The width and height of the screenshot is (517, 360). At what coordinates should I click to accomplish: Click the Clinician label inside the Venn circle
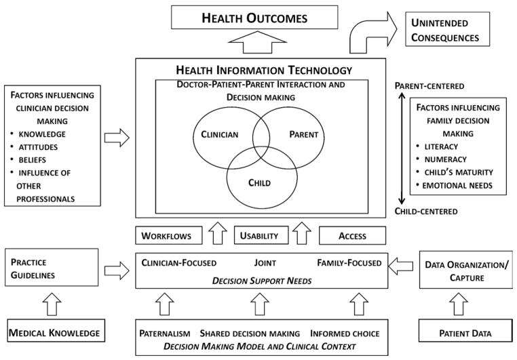pos(220,134)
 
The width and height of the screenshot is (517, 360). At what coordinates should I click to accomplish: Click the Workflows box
pos(169,236)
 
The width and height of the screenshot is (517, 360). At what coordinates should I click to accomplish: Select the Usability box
pos(258,236)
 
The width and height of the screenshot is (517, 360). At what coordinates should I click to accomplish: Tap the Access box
pos(351,236)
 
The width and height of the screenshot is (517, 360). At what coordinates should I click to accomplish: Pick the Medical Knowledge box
pos(53,334)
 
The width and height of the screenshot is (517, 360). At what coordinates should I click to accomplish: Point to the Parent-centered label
pos(429,85)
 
